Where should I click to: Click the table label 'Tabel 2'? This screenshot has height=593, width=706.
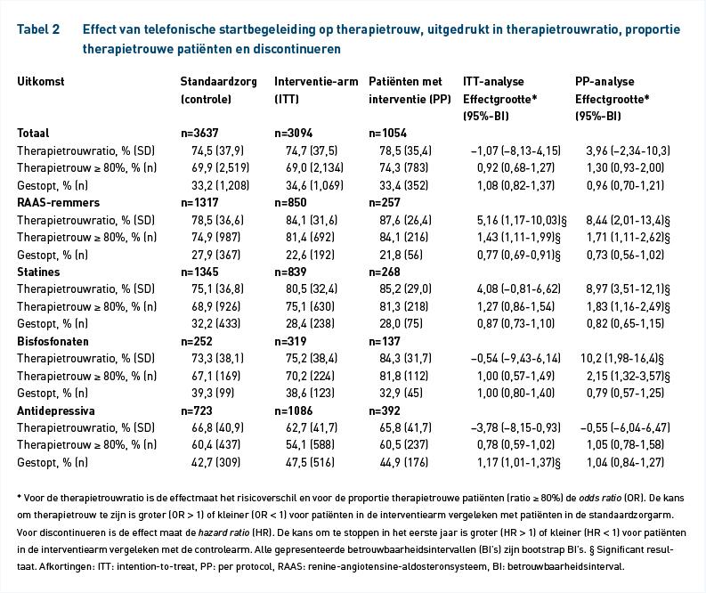[x=38, y=29]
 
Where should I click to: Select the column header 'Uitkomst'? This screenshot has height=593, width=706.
[x=41, y=82]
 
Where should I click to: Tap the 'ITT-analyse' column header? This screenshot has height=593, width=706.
[x=493, y=82]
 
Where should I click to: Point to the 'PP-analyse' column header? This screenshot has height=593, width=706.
[x=605, y=82]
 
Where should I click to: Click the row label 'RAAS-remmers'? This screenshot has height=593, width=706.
[x=58, y=203]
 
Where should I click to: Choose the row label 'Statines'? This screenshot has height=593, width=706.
[x=38, y=272]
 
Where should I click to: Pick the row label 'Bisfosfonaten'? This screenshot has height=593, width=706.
[x=53, y=341]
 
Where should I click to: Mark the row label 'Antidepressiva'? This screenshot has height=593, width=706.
[x=56, y=410]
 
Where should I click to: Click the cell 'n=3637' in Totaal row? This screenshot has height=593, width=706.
[x=199, y=134]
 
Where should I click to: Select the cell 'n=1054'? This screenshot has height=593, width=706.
[x=387, y=134]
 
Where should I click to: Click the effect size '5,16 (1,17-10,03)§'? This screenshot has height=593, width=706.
[x=522, y=220]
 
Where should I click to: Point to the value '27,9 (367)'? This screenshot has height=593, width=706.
[x=216, y=255]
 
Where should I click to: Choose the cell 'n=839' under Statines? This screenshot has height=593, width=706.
[x=290, y=272]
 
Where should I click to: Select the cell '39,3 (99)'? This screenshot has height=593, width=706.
[x=213, y=393]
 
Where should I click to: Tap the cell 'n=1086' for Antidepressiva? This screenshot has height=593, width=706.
[x=294, y=410]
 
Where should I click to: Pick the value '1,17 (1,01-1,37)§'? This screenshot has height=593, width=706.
[x=519, y=462]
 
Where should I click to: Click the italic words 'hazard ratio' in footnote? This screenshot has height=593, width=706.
[x=223, y=532]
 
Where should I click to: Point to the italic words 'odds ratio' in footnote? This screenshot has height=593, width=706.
[x=600, y=498]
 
